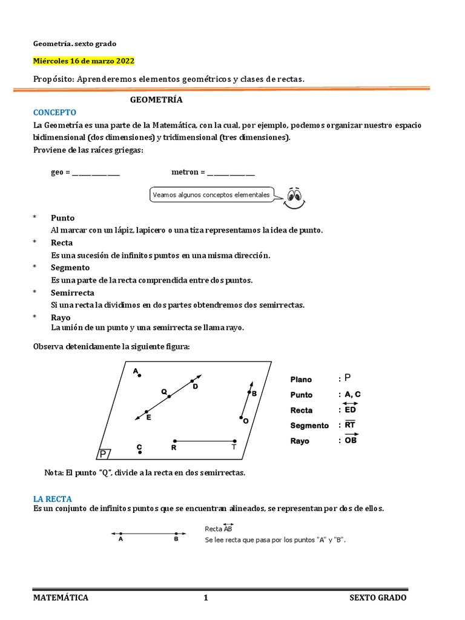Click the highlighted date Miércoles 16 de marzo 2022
pos(84,62)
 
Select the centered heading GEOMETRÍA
pos(156,100)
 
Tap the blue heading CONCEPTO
pos(54,113)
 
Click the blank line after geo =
pos(96,173)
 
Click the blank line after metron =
pos(231,173)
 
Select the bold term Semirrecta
pos(72,292)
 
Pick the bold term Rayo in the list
pos(61,317)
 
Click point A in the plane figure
pos(139,375)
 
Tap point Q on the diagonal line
pos(169,397)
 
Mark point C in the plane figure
pos(139,452)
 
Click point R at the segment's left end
pos(174,441)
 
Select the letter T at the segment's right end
pos(234,448)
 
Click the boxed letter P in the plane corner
pos(104,454)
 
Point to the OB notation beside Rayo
pos(351,440)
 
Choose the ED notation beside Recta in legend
pos(351,409)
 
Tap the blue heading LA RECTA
pos(53,499)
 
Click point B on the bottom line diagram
pos(176,534)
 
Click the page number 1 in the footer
pos(206,598)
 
